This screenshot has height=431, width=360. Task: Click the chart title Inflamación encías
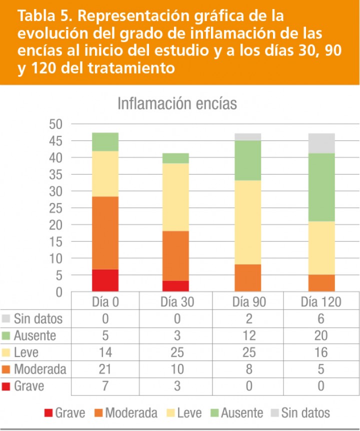pyautogui.click(x=177, y=104)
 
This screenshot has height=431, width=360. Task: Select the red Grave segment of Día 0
pyautogui.click(x=105, y=280)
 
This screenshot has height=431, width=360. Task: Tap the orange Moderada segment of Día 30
pyautogui.click(x=175, y=256)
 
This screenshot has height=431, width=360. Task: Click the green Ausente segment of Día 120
pyautogui.click(x=321, y=187)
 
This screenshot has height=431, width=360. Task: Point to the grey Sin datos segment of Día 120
pyautogui.click(x=321, y=143)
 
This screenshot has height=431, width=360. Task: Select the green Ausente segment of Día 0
pyautogui.click(x=105, y=142)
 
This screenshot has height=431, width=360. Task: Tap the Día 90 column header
pyautogui.click(x=248, y=301)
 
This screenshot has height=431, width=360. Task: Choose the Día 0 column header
pyautogui.click(x=105, y=301)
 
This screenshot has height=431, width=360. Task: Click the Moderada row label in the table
pyautogui.click(x=40, y=369)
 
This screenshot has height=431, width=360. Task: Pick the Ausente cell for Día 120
pyautogui.click(x=321, y=335)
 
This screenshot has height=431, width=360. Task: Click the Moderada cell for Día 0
pyautogui.click(x=105, y=369)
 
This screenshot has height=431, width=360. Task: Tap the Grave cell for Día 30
pyautogui.click(x=175, y=386)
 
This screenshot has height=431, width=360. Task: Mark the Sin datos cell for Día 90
pyautogui.click(x=248, y=318)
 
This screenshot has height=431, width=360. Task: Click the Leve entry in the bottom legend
pyautogui.click(x=184, y=413)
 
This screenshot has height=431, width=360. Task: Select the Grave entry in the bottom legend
pyautogui.click(x=64, y=413)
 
